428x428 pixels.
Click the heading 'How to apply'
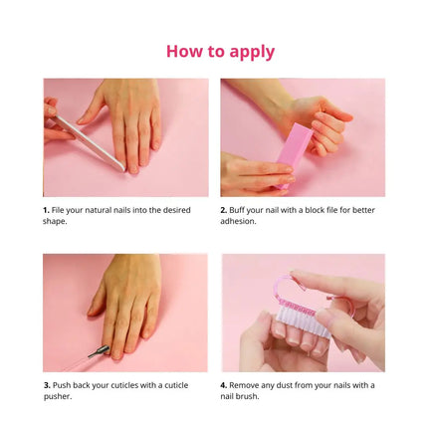(x=220, y=51)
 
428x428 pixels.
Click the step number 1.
(x=46, y=210)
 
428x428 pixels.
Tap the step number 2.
(x=223, y=210)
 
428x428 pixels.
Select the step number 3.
(x=46, y=384)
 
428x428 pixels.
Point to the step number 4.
(x=224, y=384)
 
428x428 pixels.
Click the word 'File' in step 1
(x=59, y=210)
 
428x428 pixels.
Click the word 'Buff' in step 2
(x=239, y=210)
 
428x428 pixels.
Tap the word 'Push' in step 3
(x=62, y=384)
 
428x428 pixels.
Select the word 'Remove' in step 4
(x=247, y=384)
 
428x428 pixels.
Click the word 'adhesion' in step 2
(x=238, y=221)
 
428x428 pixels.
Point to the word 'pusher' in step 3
(x=58, y=395)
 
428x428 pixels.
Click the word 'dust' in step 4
(x=298, y=384)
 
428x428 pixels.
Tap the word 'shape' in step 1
(x=55, y=221)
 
